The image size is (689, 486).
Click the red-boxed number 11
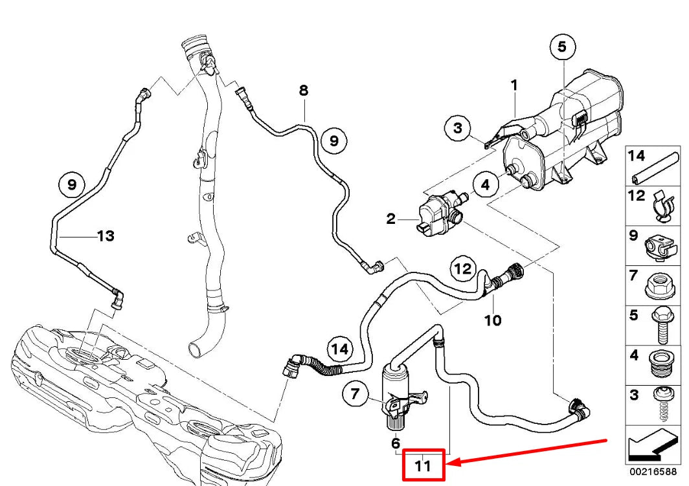click(x=423, y=465)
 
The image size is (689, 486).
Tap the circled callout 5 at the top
click(x=561, y=47)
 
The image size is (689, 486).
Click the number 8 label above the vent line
click(x=303, y=91)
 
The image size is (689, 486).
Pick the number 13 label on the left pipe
click(x=105, y=236)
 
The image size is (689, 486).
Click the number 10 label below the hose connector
click(x=493, y=320)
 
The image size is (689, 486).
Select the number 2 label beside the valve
click(x=390, y=219)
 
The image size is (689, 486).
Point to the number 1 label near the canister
click(x=514, y=85)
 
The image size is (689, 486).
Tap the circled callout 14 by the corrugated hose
click(x=341, y=349)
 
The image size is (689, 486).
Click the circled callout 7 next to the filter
click(x=355, y=393)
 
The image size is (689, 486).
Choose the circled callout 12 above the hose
click(x=464, y=269)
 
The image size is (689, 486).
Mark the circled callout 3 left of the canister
click(x=458, y=128)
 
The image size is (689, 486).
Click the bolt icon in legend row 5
click(x=661, y=327)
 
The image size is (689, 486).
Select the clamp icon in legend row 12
click(x=662, y=205)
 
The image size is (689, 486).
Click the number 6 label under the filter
click(x=395, y=443)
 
